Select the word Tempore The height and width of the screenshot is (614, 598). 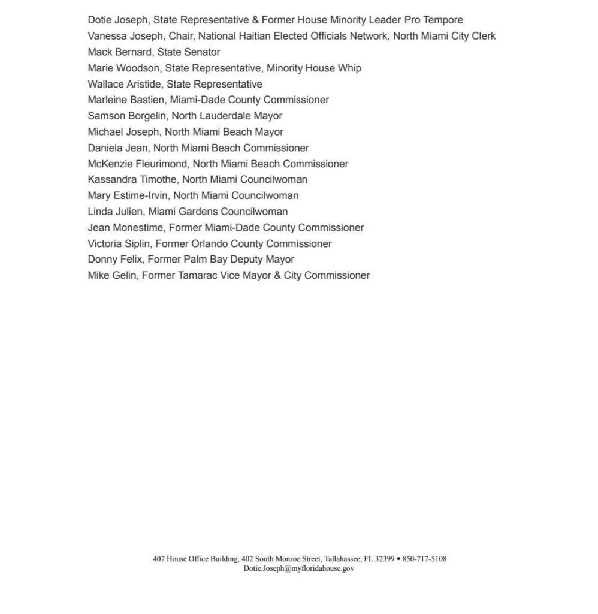tap(443, 20)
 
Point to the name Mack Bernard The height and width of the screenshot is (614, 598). tap(119, 52)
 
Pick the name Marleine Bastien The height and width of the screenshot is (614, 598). tap(126, 100)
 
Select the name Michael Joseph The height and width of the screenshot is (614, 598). tap(123, 132)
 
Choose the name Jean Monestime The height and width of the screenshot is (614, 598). tap(125, 228)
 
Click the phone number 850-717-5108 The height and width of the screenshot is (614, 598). tap(424, 559)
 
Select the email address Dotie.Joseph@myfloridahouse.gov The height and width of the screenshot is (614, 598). tap(298, 568)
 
